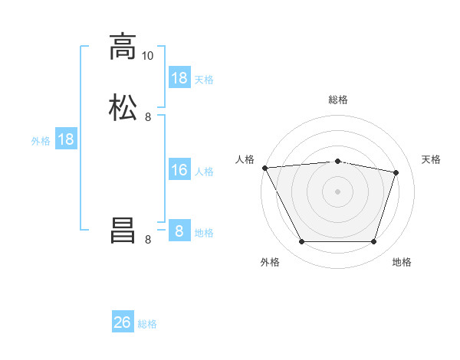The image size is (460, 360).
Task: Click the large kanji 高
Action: pos(123,47)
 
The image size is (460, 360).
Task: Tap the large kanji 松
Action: pos(123,107)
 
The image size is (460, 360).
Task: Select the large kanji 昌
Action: pos(123,231)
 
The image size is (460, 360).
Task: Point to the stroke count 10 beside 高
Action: pos(147,56)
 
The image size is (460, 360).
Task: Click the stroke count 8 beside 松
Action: pos(148,117)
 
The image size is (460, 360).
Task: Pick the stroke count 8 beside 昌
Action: pos(148,240)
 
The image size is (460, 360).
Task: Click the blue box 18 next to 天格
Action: pos(179,77)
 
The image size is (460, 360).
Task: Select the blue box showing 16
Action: pos(179,169)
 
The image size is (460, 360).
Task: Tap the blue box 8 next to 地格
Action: pos(179,230)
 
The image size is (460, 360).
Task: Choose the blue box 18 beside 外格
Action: pos(66,139)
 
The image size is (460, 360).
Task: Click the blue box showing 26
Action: pos(123,321)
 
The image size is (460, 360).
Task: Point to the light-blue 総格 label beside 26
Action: pos(147,324)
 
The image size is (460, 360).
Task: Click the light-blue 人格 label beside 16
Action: pos(204,172)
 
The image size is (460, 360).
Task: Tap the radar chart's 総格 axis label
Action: pos(338,100)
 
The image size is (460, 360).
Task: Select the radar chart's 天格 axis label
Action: pos(431,160)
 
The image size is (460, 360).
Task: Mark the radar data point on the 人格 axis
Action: pos(265,168)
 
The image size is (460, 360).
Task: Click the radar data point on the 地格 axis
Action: pos(373,242)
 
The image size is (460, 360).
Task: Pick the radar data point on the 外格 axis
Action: pos(302,242)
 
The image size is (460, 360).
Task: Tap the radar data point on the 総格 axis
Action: pos(337,162)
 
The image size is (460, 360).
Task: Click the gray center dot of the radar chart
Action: pos(337,191)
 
